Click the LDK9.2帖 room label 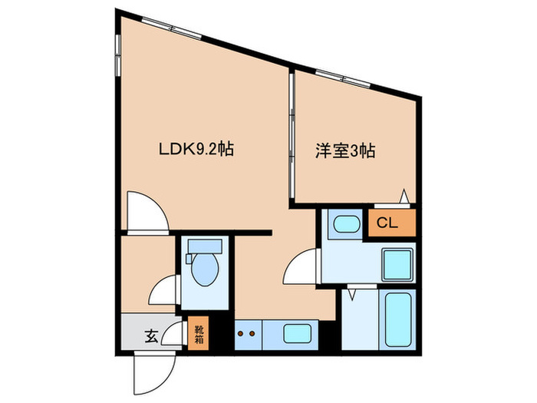point(196,150)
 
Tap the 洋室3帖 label point(344,151)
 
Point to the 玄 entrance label point(151,335)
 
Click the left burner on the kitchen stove point(239,334)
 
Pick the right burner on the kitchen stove point(252,334)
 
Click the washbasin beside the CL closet point(344,224)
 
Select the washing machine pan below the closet point(398,265)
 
